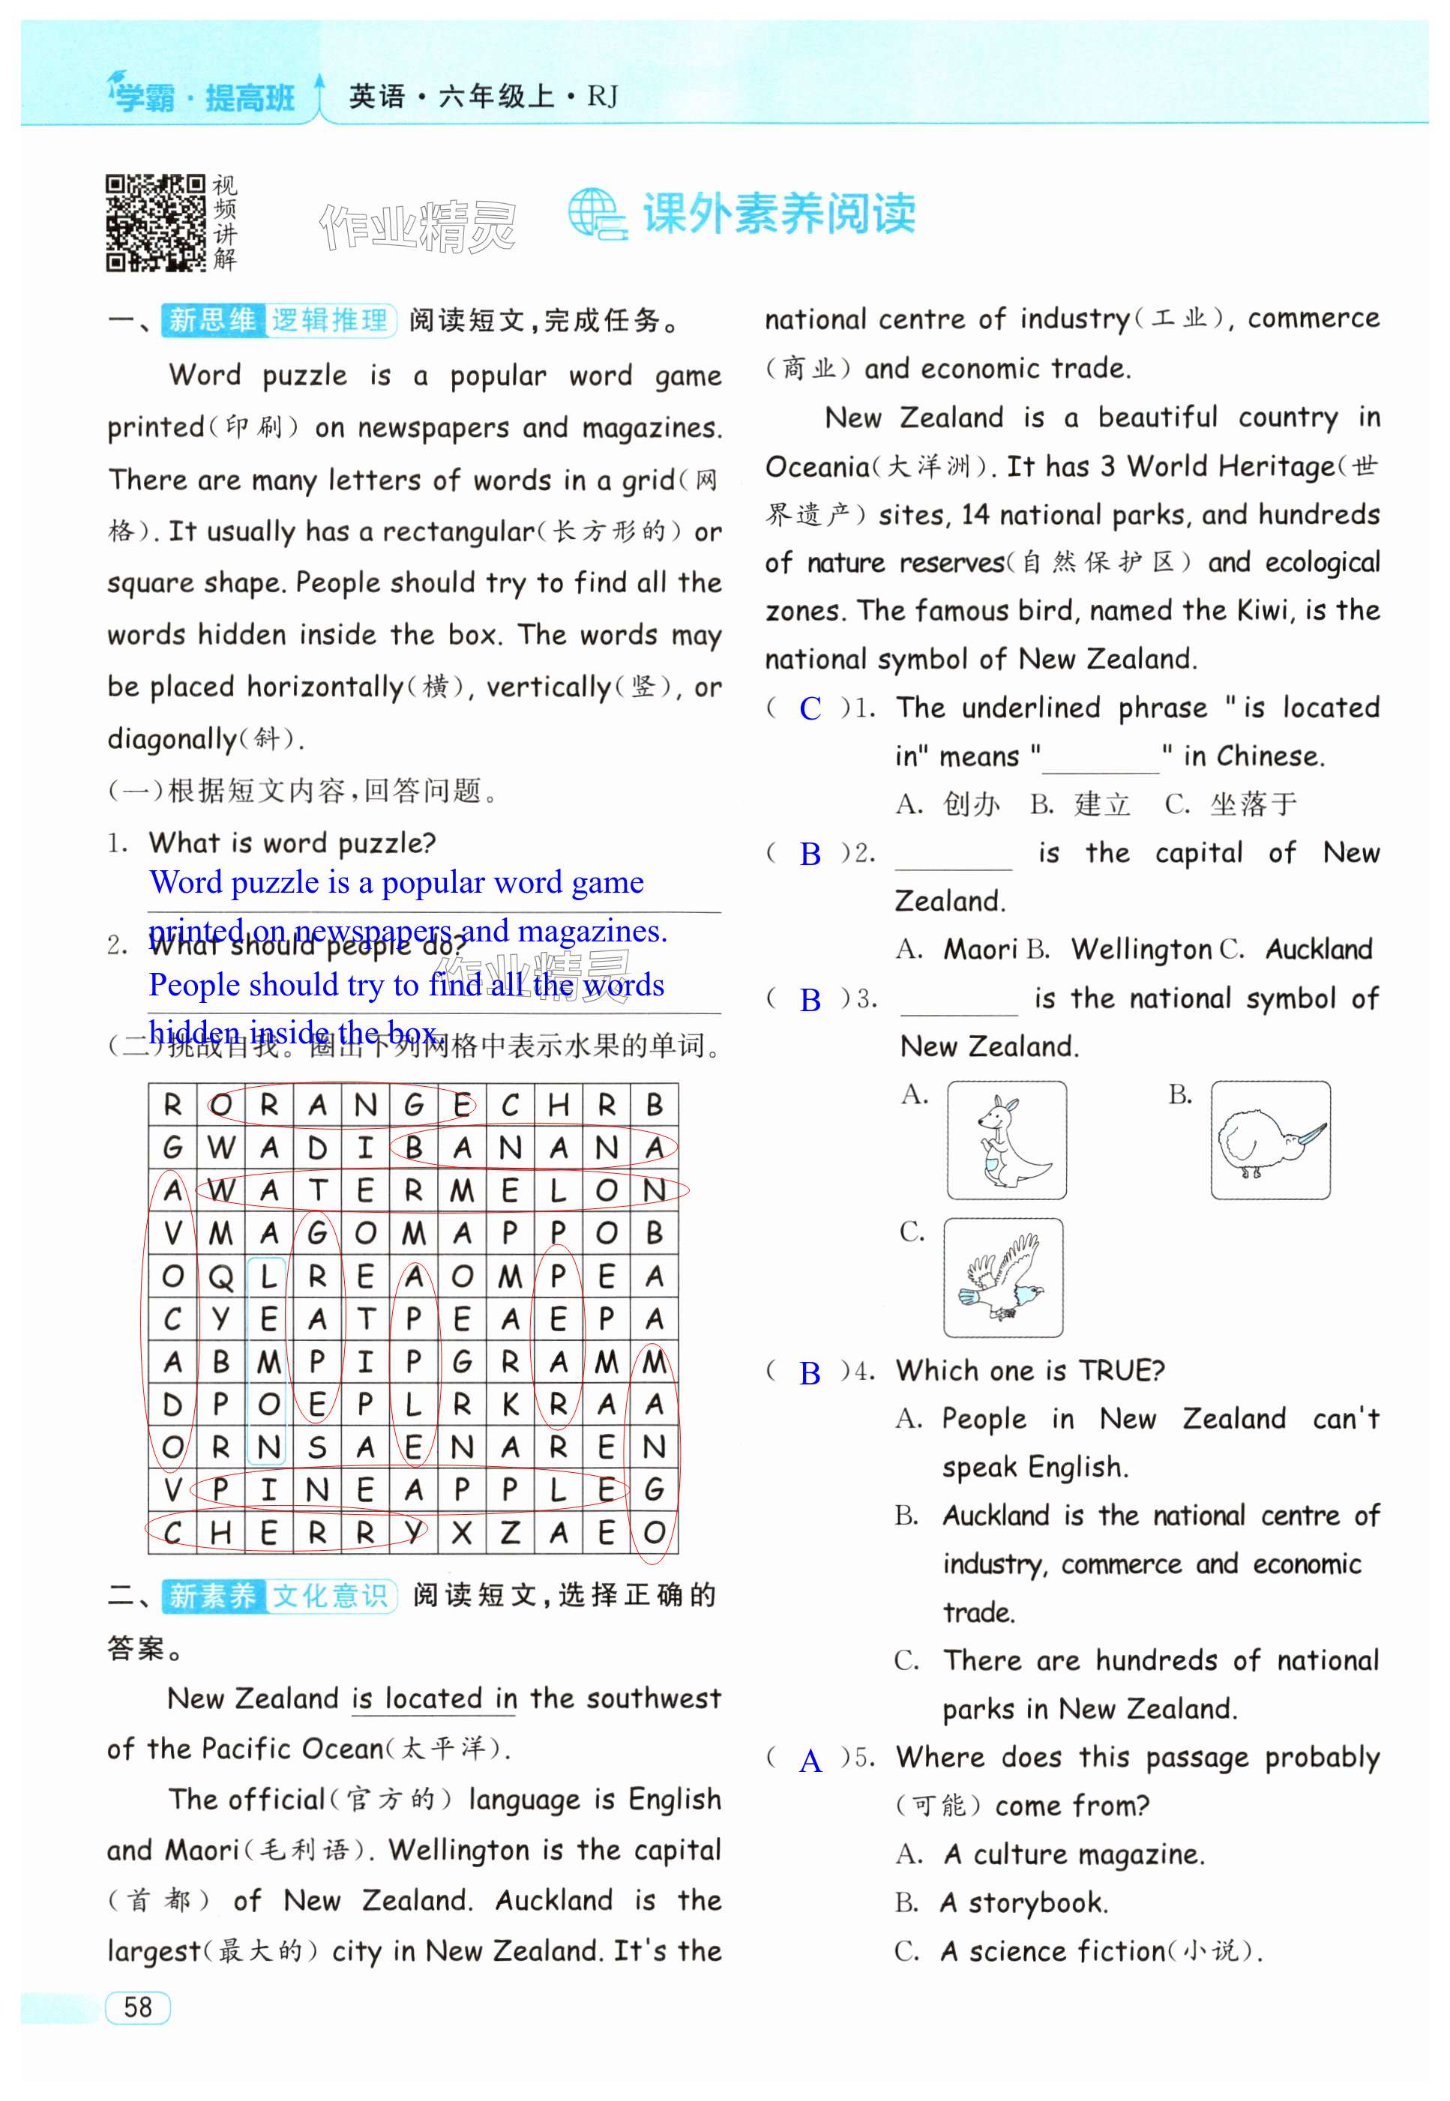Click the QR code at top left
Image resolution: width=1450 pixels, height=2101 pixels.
(x=155, y=223)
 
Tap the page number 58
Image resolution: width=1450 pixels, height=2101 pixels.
(x=138, y=2007)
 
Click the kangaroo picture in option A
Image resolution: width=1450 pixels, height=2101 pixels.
(x=1007, y=1140)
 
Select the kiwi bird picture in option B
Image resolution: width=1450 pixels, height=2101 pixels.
(x=1270, y=1140)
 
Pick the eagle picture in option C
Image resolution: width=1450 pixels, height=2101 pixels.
(x=1003, y=1277)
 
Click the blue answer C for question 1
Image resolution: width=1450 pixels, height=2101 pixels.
(x=810, y=708)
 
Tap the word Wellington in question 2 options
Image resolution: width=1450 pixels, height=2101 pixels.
(x=1140, y=949)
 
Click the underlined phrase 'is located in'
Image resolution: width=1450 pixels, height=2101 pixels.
(x=433, y=1698)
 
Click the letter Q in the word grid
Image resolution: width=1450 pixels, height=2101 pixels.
(x=220, y=1277)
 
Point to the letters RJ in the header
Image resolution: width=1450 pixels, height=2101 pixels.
(x=602, y=96)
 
